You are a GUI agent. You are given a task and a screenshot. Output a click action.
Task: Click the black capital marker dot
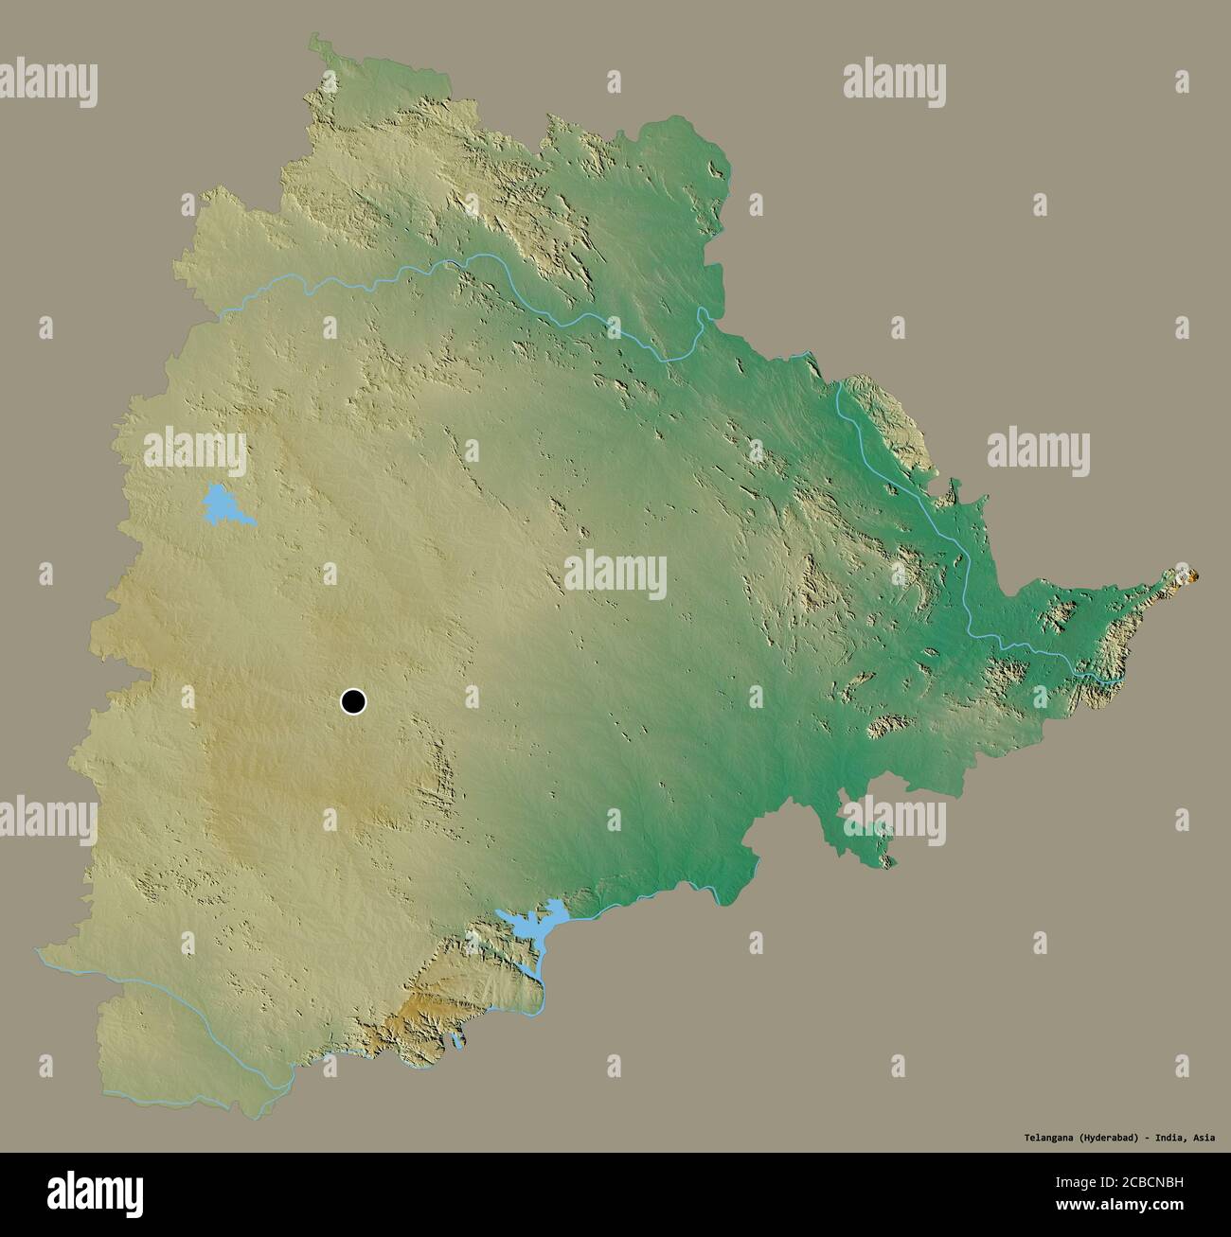click(353, 701)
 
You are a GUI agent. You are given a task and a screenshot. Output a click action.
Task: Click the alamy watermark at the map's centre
click(615, 574)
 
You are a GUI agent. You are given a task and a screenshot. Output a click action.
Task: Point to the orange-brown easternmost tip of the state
click(1186, 574)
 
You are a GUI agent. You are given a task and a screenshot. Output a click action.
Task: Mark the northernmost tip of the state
click(314, 39)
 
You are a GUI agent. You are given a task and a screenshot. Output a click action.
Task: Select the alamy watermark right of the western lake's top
click(194, 449)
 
